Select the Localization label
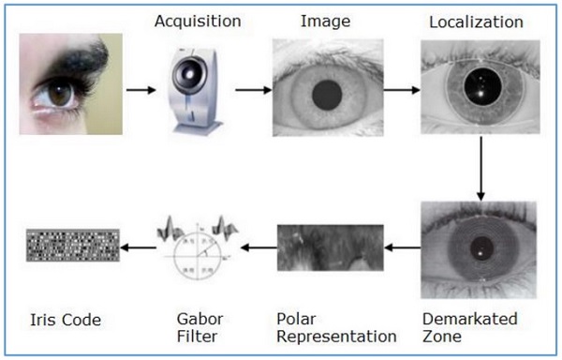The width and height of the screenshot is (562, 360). [476, 22]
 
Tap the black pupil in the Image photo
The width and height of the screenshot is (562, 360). [327, 93]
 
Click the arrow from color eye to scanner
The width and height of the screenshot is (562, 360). [140, 91]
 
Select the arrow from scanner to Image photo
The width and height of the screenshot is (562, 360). [248, 91]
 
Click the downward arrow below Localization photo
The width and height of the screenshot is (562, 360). [481, 169]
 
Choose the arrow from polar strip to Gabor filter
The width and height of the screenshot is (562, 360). [255, 247]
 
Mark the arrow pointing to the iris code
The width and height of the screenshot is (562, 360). [137, 247]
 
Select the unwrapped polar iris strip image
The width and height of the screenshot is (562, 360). [330, 247]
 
